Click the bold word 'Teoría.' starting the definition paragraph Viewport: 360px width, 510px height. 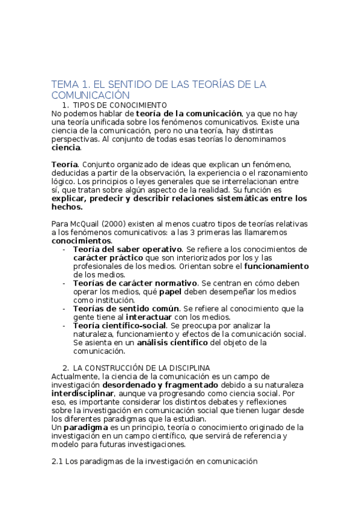point(65,164)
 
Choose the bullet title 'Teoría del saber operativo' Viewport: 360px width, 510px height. point(127,249)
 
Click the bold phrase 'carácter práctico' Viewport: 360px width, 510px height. point(107,257)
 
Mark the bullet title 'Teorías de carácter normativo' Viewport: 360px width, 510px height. point(135,283)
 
